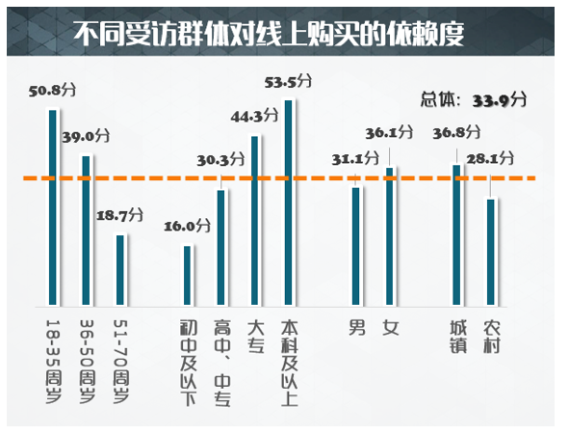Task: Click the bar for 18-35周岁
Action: pos(53,205)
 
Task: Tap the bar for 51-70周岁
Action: pos(120,268)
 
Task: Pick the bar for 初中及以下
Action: pos(188,274)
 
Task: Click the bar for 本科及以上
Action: pos(288,201)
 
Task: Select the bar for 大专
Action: pos(254,219)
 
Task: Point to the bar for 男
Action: pos(355,244)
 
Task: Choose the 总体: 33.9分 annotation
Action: pos(474,98)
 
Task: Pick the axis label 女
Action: pos(390,327)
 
